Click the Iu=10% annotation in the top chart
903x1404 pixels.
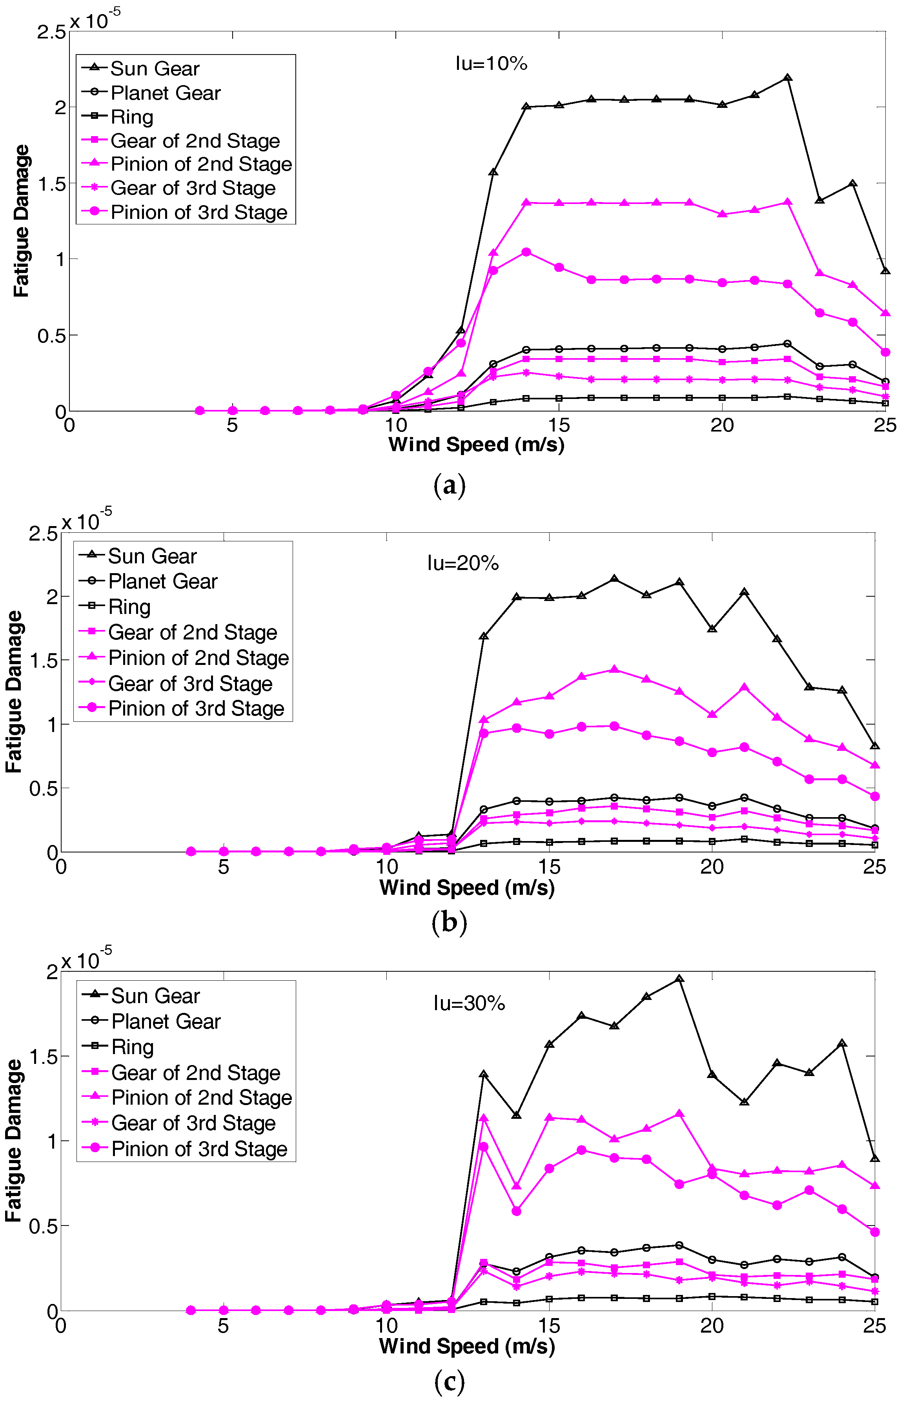click(x=492, y=63)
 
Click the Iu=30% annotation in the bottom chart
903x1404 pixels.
click(x=469, y=1003)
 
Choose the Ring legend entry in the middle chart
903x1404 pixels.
click(x=129, y=607)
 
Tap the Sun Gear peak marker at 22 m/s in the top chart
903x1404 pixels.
click(x=788, y=77)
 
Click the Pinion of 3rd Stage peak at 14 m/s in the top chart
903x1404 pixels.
click(x=526, y=252)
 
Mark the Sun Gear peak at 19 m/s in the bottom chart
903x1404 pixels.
click(x=679, y=979)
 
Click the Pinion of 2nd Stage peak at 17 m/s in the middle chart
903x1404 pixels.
click(x=614, y=670)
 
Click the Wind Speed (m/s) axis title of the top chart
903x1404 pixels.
click(x=476, y=444)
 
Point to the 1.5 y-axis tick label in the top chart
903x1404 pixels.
click(x=52, y=184)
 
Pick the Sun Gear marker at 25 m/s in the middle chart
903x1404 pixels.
click(x=874, y=746)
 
